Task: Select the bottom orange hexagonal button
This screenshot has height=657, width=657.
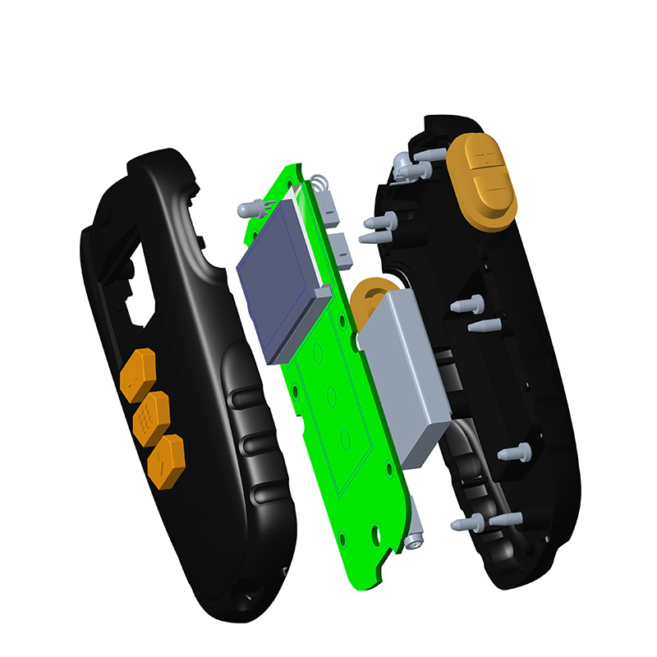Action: pos(166,456)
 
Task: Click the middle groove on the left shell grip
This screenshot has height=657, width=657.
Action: pos(255,447)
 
